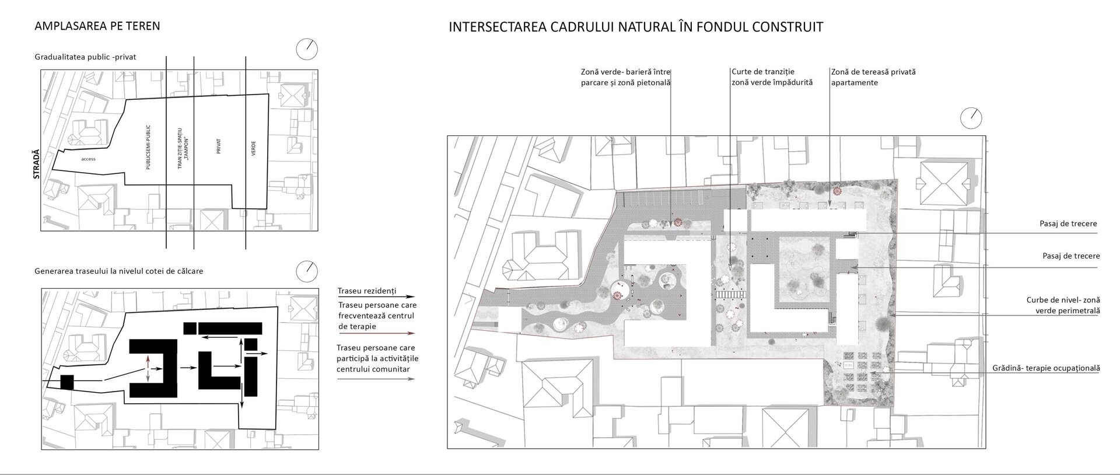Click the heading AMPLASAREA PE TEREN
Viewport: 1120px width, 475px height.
(97, 26)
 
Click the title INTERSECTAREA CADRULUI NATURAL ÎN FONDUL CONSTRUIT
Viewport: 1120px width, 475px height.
(636, 27)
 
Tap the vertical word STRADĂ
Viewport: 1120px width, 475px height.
(36, 163)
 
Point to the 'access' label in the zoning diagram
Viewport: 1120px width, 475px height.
(89, 159)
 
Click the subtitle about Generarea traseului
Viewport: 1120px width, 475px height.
(119, 271)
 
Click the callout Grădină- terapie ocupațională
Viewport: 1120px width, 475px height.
(1046, 368)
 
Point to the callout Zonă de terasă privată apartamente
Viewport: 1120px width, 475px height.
(873, 77)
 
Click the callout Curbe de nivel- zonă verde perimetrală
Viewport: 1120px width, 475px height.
(1063, 305)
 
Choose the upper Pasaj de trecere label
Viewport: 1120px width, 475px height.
(1068, 223)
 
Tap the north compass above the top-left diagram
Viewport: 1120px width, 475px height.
(307, 49)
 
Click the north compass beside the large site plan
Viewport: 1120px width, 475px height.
(971, 118)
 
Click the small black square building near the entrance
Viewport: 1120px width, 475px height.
(67, 382)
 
